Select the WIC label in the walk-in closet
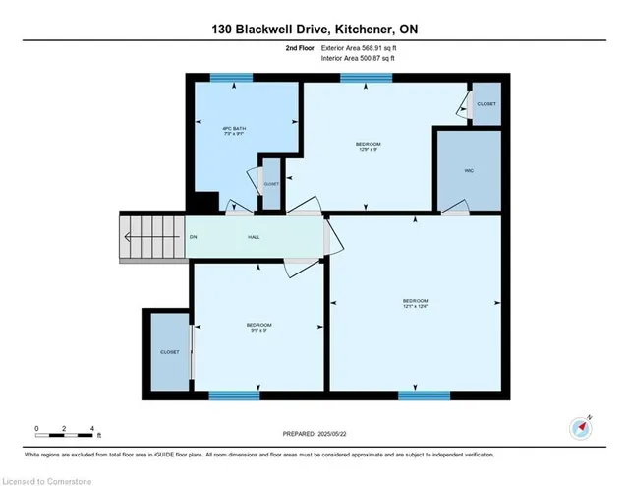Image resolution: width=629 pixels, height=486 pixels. point(470,170)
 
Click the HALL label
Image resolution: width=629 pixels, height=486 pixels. point(253,237)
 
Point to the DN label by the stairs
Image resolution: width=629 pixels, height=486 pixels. point(193,237)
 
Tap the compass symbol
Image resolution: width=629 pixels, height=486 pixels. point(579,428)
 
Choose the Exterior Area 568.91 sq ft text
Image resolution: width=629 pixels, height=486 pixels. point(359,49)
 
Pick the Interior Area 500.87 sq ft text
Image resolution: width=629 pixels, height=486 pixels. point(358,60)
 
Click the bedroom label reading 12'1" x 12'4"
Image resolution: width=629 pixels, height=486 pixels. point(416,303)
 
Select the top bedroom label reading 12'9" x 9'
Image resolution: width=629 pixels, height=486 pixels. point(368,148)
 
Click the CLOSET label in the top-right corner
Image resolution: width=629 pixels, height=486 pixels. point(486,104)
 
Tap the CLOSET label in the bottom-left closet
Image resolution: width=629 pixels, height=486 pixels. point(169,351)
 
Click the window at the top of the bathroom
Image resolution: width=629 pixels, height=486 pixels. point(225,77)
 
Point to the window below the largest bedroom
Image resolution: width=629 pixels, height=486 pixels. point(417,395)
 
